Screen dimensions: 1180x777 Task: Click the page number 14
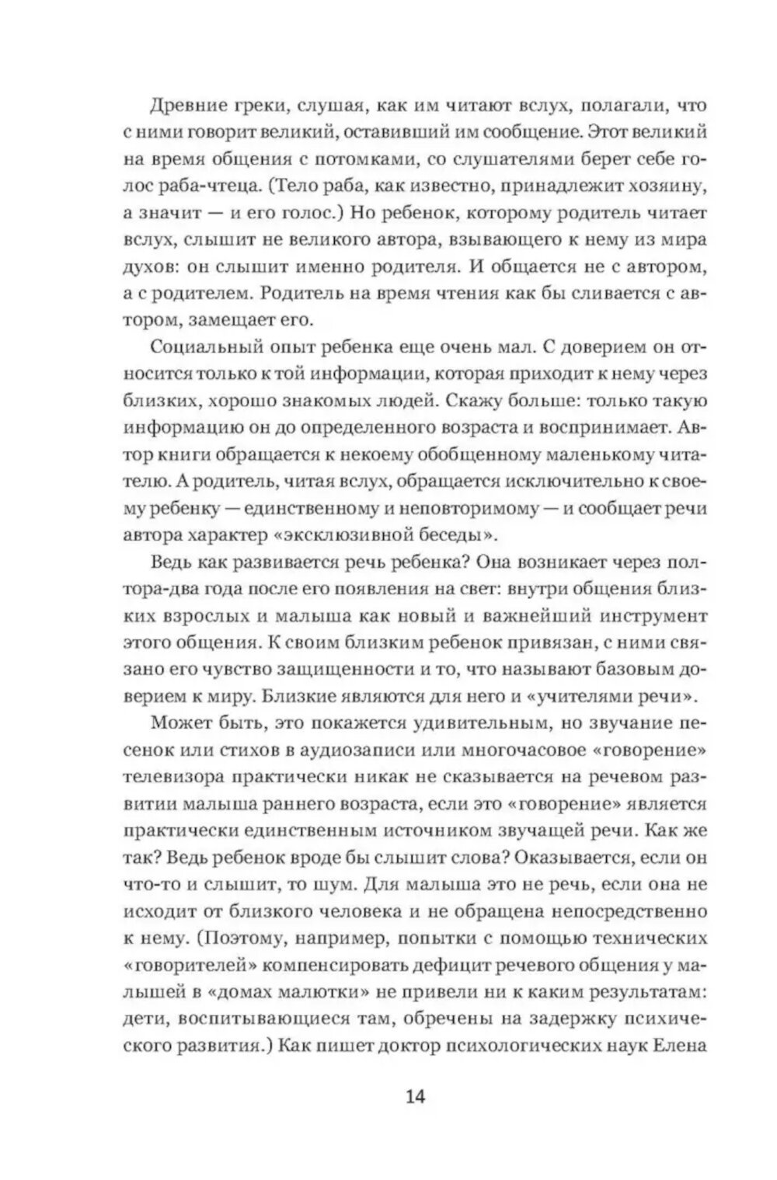tap(414, 1098)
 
